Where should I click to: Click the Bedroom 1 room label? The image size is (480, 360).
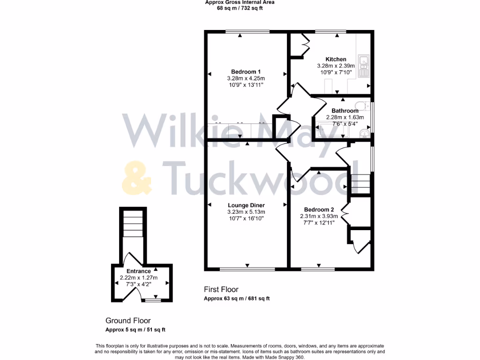246,72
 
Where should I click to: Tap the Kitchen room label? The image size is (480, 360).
336,60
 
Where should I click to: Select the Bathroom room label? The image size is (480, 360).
345,111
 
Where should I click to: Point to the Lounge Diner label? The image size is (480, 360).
246,205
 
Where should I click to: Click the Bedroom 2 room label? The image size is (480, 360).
319,210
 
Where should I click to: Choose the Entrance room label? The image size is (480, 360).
139,271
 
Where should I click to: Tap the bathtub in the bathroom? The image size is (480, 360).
332,129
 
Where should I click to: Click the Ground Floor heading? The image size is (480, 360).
128,321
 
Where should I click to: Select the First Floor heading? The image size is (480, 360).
221,290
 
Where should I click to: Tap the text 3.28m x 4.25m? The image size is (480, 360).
246,78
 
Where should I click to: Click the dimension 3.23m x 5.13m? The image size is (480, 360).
246,212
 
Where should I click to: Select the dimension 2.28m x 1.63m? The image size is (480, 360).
345,118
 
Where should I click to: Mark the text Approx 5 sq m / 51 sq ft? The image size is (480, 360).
135,330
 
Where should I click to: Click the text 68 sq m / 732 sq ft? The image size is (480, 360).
240,8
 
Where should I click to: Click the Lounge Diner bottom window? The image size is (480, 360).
247,269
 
